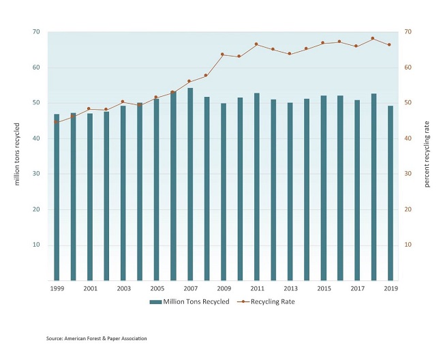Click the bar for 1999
pos(57,197)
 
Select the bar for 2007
pos(190,184)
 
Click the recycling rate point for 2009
pos(223,55)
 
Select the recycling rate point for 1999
pos(57,122)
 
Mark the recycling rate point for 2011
pos(256,44)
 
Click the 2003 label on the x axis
pos(123,289)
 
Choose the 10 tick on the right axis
pos(409,245)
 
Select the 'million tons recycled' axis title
pos(15,156)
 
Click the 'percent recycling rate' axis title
pos(427,156)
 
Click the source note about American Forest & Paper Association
pos(96,338)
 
